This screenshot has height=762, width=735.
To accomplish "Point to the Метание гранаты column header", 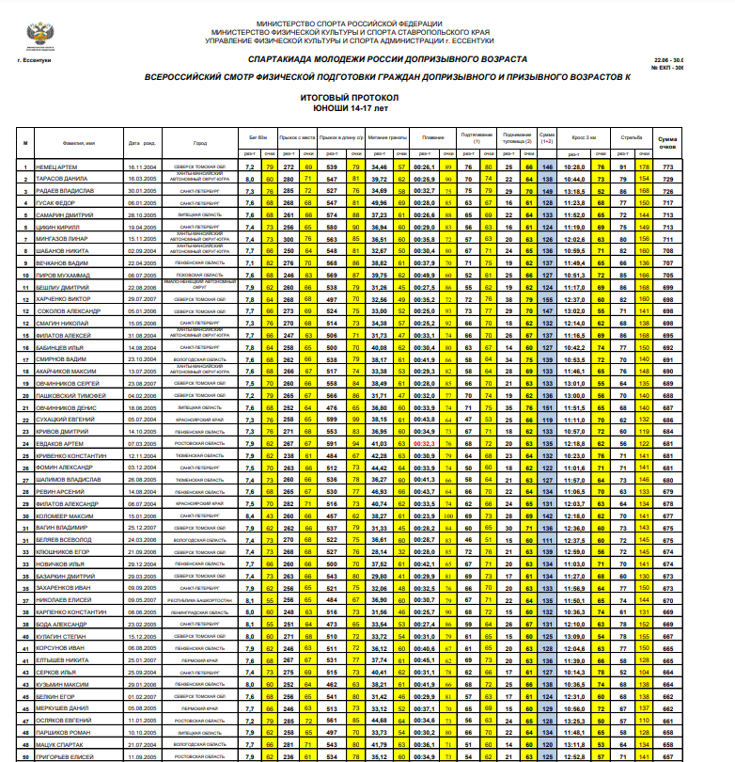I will [386, 136].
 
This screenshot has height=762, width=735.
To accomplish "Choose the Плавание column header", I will [432, 136].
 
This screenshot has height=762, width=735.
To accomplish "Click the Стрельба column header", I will [630, 136].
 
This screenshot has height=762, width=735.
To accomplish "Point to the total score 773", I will [667, 167].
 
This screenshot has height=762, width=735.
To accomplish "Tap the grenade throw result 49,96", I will [380, 202].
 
